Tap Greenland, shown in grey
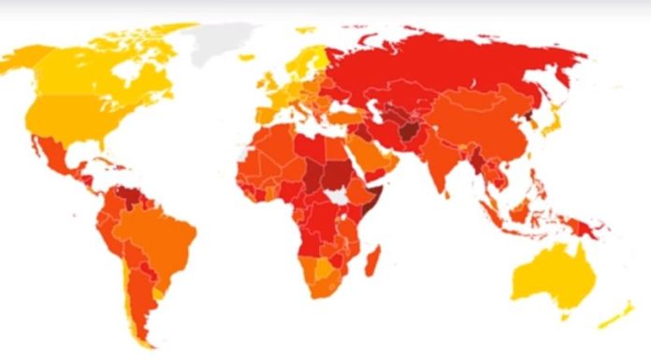click(222, 41)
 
